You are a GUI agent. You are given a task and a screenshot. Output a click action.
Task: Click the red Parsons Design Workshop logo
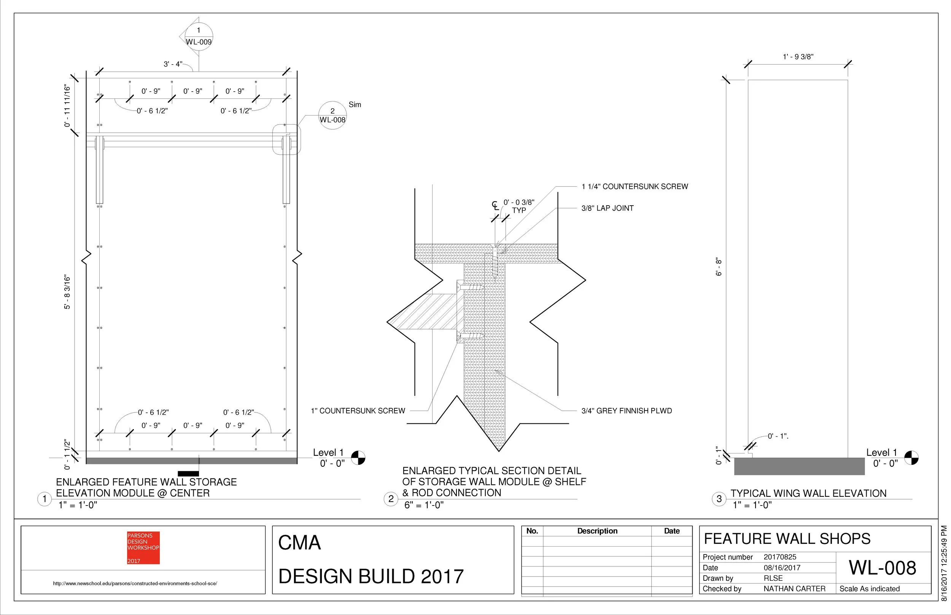tap(143, 547)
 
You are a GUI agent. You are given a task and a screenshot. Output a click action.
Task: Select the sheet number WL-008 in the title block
tap(882, 568)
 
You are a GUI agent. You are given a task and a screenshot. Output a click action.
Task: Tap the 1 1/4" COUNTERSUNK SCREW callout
tap(635, 187)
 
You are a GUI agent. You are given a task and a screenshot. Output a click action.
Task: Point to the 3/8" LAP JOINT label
tap(607, 208)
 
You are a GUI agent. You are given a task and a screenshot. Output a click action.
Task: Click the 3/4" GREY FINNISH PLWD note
tap(627, 411)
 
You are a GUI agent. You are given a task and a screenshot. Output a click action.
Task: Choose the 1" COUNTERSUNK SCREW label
tap(358, 411)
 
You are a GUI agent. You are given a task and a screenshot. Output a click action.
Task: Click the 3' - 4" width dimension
tap(173, 64)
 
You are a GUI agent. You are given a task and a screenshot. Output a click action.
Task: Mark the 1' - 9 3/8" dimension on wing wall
tap(798, 57)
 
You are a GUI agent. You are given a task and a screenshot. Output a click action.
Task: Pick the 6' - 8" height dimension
tap(719, 267)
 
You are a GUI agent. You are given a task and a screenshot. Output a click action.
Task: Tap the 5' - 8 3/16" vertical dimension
tap(67, 292)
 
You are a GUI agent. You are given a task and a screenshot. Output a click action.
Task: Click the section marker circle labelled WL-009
tap(199, 36)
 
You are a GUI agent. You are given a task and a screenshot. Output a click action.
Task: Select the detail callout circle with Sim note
tap(332, 116)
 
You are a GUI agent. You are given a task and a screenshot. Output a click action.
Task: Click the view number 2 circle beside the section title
tap(391, 499)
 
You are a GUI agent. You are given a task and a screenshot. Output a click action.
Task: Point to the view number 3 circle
tap(719, 499)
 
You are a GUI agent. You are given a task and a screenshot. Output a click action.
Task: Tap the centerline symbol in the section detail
tap(495, 206)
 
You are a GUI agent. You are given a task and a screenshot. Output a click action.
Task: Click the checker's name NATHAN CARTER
tap(794, 589)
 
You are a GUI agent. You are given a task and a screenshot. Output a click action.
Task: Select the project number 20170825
tap(780, 557)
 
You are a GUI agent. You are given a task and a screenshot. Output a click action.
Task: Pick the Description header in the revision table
tap(597, 531)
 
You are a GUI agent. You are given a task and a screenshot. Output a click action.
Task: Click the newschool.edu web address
tap(135, 583)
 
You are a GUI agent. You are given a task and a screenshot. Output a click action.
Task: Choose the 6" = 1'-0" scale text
tap(424, 505)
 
